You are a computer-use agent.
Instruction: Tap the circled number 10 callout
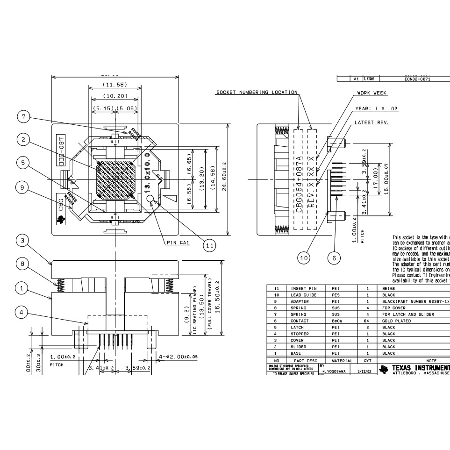point(304,257)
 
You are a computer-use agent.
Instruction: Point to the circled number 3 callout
point(21,241)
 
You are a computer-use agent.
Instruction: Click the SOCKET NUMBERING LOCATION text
point(257,92)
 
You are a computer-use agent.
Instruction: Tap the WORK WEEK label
point(372,93)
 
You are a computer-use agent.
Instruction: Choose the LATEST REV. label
point(372,123)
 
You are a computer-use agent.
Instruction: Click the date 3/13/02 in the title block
point(364,372)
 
